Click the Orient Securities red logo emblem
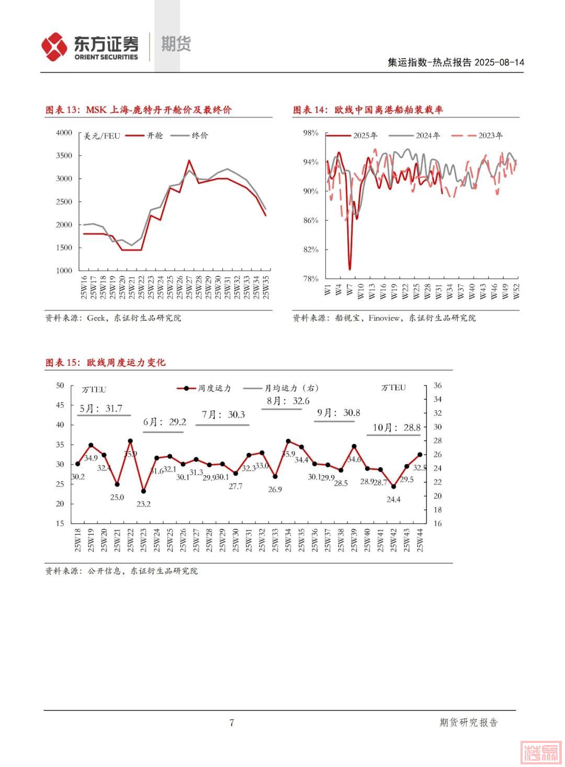(x=54, y=47)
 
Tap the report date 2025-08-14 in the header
(x=499, y=63)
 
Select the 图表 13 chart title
(x=139, y=110)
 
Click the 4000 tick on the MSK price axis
(x=64, y=133)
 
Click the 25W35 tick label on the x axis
(x=266, y=287)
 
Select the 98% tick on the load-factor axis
(x=311, y=133)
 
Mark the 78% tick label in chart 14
(x=311, y=279)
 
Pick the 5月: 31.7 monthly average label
(x=101, y=409)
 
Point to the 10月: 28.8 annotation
(x=397, y=428)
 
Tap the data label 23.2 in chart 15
(x=143, y=504)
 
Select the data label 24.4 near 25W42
(x=393, y=500)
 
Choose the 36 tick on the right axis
(x=437, y=386)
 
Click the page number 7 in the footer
(x=232, y=723)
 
